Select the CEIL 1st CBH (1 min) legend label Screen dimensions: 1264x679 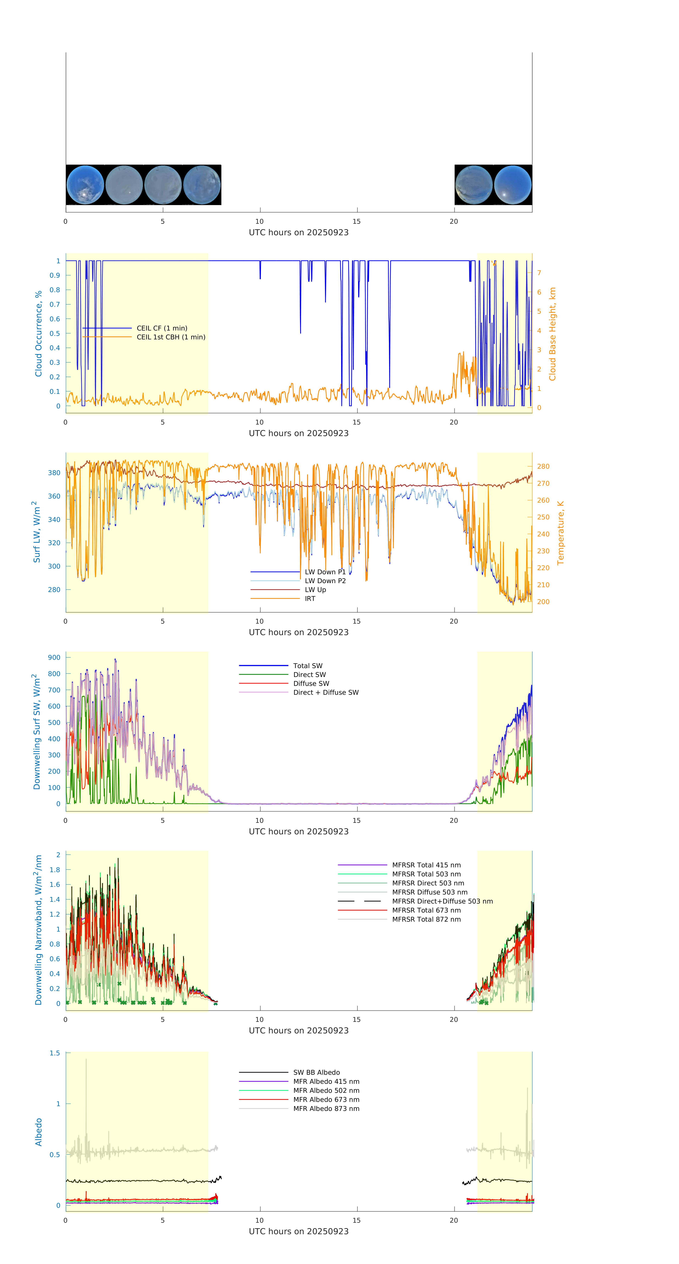(x=171, y=337)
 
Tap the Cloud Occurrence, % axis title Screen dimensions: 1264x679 (x=38, y=334)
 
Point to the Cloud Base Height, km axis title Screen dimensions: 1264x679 (x=552, y=334)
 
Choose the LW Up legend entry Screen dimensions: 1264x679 (x=315, y=590)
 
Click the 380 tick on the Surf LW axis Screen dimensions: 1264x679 (x=54, y=473)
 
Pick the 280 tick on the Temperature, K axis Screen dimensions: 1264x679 (x=543, y=467)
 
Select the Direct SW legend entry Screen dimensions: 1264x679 (x=309, y=675)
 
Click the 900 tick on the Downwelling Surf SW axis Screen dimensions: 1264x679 (x=54, y=657)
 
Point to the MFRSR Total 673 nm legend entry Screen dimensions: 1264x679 (x=426, y=910)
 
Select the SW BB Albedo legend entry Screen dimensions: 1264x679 (x=316, y=1073)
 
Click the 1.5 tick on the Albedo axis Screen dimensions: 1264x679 (x=54, y=1053)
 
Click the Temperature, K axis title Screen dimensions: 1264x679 (x=560, y=533)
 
